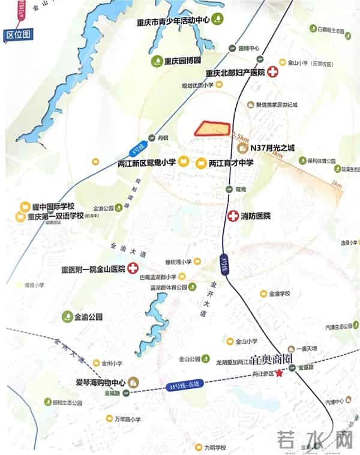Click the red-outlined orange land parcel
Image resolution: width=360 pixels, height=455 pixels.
click(x=212, y=128)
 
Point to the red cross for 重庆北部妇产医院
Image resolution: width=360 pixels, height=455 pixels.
click(x=273, y=73)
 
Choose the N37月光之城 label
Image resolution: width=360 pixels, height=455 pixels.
click(x=273, y=148)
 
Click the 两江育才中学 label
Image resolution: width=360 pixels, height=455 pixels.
click(x=231, y=163)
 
